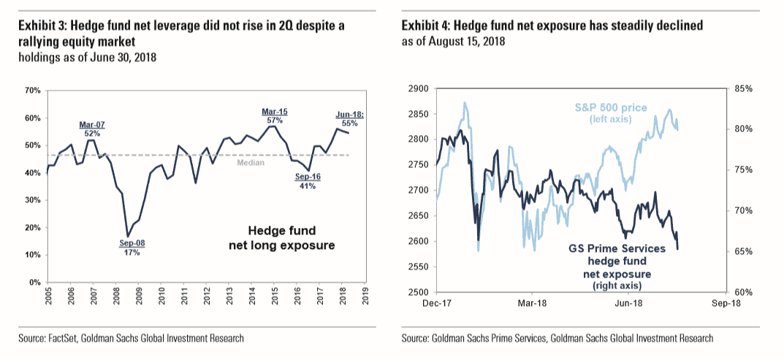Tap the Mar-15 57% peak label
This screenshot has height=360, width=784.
tap(275, 115)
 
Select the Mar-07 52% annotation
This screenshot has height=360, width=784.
tap(92, 129)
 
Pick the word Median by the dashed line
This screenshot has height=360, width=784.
tap(251, 162)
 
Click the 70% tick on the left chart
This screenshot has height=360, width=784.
tap(32, 91)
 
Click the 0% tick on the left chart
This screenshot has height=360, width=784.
tap(34, 283)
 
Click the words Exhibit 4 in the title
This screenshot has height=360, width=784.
tap(425, 26)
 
